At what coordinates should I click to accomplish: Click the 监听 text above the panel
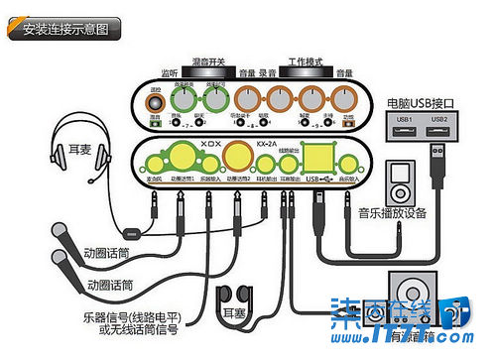168,72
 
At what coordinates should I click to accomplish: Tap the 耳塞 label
234,311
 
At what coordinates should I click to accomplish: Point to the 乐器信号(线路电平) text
149,319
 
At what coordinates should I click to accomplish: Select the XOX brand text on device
209,142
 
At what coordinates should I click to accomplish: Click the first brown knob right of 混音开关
244,100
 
